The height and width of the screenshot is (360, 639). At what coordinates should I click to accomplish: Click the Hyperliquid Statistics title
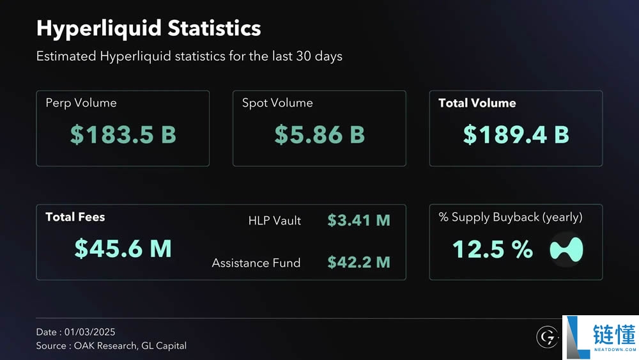click(x=148, y=29)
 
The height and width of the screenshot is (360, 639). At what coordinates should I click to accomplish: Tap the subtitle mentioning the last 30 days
click(x=189, y=56)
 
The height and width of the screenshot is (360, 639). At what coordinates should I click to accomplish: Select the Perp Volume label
click(x=81, y=103)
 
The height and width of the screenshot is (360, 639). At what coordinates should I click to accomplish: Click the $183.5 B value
click(x=123, y=135)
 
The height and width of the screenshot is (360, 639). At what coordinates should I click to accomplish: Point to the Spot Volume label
click(x=277, y=103)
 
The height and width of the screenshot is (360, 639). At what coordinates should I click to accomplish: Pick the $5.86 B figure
click(x=319, y=135)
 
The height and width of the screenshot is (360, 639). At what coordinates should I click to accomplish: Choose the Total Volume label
click(x=477, y=103)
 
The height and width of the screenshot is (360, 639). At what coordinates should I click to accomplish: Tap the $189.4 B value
click(x=516, y=135)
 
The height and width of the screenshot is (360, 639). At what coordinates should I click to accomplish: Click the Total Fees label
click(x=75, y=217)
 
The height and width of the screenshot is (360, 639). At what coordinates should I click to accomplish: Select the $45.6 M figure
click(x=123, y=249)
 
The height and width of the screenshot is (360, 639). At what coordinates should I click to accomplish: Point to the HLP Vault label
click(x=275, y=221)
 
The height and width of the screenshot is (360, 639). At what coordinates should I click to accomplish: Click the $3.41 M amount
click(x=358, y=221)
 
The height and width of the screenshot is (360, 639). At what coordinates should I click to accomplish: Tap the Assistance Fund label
click(x=256, y=263)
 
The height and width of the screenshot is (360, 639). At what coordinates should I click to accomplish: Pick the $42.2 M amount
click(x=358, y=263)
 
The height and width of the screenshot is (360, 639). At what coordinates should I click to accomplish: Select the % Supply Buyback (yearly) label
click(x=511, y=217)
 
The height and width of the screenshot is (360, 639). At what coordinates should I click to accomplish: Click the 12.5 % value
click(x=493, y=249)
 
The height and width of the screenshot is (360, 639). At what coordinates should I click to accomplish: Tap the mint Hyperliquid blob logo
click(x=567, y=249)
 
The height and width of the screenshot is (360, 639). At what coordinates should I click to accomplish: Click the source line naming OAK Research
click(x=111, y=346)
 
